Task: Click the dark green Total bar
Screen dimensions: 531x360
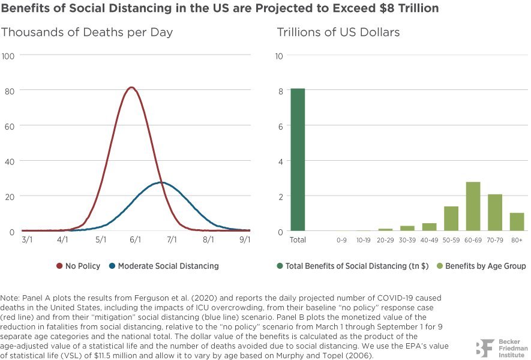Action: [298, 160]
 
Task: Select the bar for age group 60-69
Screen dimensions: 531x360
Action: [473, 206]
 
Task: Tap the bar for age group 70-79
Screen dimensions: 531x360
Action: [495, 212]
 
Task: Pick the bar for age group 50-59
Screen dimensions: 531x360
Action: [451, 218]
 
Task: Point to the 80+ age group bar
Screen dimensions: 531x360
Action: [517, 222]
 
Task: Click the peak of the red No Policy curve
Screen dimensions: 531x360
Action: [131, 88]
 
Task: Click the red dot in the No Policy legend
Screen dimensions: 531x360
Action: [59, 266]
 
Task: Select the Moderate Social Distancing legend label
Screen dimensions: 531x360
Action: [169, 266]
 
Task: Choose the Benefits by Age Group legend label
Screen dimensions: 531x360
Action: [485, 266]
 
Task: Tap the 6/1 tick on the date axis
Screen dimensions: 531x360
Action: [135, 240]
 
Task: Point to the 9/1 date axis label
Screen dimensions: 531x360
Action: [245, 240]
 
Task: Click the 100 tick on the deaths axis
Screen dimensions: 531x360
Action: [8, 56]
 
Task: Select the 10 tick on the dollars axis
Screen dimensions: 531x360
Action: [279, 56]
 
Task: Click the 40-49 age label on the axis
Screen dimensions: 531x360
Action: [429, 240]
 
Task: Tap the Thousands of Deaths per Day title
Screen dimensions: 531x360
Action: [87, 32]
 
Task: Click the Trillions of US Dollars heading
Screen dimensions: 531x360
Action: [338, 32]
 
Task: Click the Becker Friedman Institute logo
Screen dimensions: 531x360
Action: [502, 348]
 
